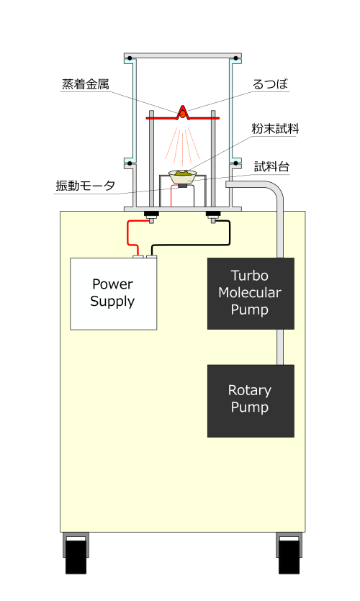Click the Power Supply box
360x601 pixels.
[x=114, y=294]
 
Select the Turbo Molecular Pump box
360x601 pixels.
[x=251, y=293]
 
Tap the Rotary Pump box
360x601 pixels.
[x=251, y=400]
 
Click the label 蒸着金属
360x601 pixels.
[x=86, y=84]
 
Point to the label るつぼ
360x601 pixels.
[x=270, y=84]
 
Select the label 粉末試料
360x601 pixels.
[x=275, y=129]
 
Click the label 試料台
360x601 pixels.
[x=272, y=167]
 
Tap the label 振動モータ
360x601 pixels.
[x=86, y=186]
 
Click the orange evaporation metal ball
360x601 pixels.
[x=183, y=114]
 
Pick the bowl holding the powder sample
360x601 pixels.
[x=183, y=176]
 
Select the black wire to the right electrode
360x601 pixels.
[x=191, y=240]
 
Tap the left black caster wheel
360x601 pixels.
[x=76, y=556]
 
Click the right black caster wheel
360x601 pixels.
[x=289, y=556]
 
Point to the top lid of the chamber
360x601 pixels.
[x=183, y=55]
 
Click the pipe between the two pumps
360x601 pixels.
[x=280, y=347]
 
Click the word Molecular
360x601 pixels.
[x=250, y=293]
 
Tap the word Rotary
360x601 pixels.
[x=250, y=391]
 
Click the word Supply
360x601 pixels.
[x=112, y=302]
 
